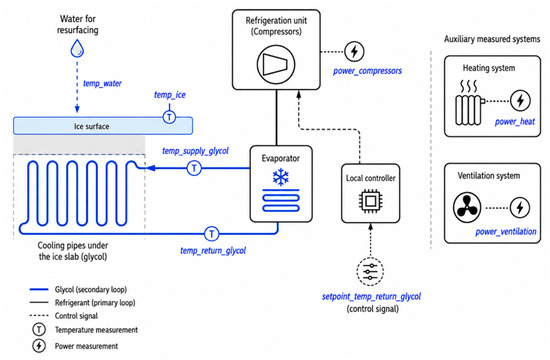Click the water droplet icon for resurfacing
click(77, 48)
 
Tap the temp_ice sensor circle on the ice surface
click(169, 117)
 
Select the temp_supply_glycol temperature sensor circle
click(194, 168)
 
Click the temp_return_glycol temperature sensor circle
click(212, 234)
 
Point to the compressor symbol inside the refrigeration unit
click(276, 65)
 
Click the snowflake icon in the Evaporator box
click(281, 177)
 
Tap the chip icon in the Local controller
click(371, 201)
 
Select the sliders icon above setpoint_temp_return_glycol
click(370, 272)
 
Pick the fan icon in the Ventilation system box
click(467, 207)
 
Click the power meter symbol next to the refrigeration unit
click(354, 51)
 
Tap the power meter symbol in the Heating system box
click(520, 101)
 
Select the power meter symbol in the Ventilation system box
click(520, 207)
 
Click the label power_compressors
click(367, 71)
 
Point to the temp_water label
click(102, 84)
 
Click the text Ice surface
click(92, 126)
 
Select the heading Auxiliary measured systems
click(492, 39)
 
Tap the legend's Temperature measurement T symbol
click(39, 330)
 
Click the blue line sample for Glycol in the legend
click(39, 289)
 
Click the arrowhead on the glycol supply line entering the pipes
click(150, 168)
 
